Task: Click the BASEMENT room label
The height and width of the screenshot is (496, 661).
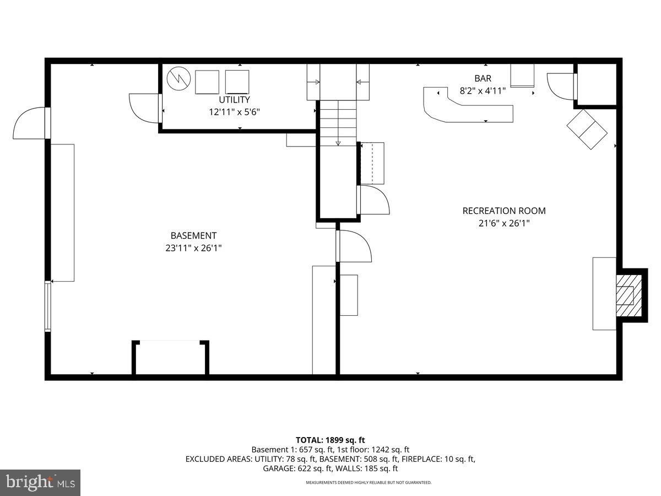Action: [x=193, y=235]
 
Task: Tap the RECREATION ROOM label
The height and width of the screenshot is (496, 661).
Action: [x=504, y=211]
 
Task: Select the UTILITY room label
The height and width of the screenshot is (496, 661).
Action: [x=234, y=100]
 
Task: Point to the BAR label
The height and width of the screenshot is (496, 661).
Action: [x=483, y=79]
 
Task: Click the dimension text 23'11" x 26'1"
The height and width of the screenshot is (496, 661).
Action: [x=193, y=248]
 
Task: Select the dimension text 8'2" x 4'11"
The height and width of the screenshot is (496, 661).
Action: [x=483, y=91]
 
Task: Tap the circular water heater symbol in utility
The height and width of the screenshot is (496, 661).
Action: [x=178, y=79]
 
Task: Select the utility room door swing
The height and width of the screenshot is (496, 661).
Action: [x=144, y=108]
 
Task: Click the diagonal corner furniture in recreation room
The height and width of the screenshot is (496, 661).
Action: [x=587, y=129]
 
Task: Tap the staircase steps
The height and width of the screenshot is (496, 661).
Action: [x=338, y=124]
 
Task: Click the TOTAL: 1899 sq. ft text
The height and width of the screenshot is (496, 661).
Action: [x=330, y=440]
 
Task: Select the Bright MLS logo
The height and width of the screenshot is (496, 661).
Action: [x=40, y=483]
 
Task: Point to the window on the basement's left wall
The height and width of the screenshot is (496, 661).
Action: [x=48, y=306]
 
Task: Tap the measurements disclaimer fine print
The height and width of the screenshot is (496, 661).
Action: [x=369, y=483]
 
